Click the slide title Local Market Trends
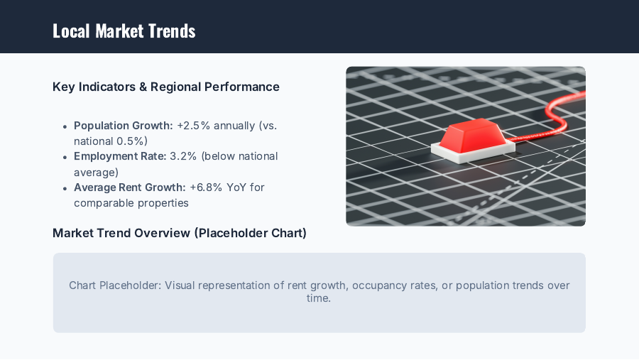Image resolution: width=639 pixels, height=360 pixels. [x=124, y=31]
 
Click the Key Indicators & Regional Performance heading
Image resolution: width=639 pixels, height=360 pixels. [x=165, y=87]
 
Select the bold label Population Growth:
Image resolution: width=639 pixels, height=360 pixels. [x=123, y=126]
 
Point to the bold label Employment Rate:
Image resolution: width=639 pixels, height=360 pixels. [x=120, y=156]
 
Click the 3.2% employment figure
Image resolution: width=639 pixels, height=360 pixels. [x=182, y=156]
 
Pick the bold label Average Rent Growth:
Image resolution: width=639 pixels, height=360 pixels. [x=130, y=187]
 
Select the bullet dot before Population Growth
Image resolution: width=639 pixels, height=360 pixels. [x=65, y=126]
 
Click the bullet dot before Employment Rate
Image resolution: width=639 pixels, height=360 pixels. [x=65, y=157]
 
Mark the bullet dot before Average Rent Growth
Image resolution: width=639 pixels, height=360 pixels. [x=65, y=188]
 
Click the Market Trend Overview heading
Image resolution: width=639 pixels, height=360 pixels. [x=179, y=233]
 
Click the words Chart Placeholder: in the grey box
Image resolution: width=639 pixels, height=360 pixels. [x=114, y=285]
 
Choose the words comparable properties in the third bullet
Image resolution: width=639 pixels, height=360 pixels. [x=131, y=203]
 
